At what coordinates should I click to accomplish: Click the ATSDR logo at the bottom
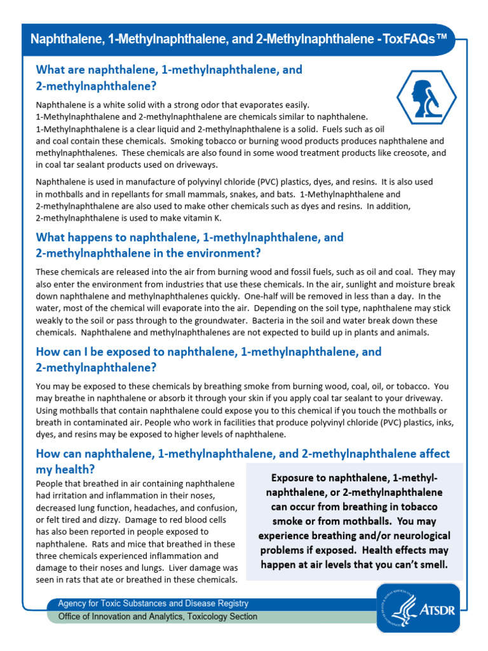tap(416, 608)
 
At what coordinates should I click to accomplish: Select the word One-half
tap(261, 296)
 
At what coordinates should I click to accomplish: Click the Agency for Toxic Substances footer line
tap(153, 603)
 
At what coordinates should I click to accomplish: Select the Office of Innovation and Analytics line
tap(158, 617)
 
